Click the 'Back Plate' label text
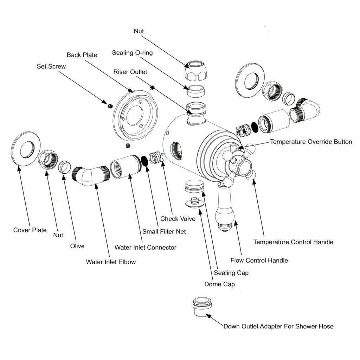click(x=82, y=55)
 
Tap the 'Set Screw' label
click(x=51, y=66)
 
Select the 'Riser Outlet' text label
click(x=130, y=72)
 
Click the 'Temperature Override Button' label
click(x=311, y=142)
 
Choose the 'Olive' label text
click(x=77, y=246)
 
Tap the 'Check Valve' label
click(x=178, y=219)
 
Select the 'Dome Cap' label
click(x=220, y=284)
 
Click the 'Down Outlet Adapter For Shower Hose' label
click(x=278, y=326)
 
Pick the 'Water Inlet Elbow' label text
click(x=111, y=262)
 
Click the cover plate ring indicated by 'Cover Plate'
click(x=26, y=149)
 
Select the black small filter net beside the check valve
click(x=144, y=161)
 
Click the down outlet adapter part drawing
click(x=201, y=307)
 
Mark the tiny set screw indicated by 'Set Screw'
click(x=109, y=104)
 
